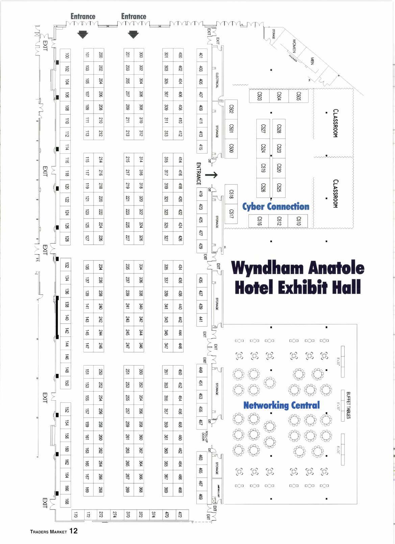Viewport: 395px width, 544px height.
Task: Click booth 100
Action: [67, 55]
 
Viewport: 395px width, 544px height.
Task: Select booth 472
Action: [180, 515]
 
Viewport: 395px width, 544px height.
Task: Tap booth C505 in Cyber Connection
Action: [298, 96]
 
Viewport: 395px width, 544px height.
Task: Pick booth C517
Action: [231, 214]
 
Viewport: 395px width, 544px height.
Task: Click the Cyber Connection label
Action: [276, 206]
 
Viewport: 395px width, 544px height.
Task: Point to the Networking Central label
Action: [281, 405]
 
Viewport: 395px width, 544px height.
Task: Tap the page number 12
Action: [73, 531]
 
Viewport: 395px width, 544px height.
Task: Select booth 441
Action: [201, 319]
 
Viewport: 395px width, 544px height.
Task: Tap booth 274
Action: [114, 515]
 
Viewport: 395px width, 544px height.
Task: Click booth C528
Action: [279, 129]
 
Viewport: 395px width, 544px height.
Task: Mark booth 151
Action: [87, 372]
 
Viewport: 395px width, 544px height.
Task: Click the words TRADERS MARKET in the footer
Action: [49, 531]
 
